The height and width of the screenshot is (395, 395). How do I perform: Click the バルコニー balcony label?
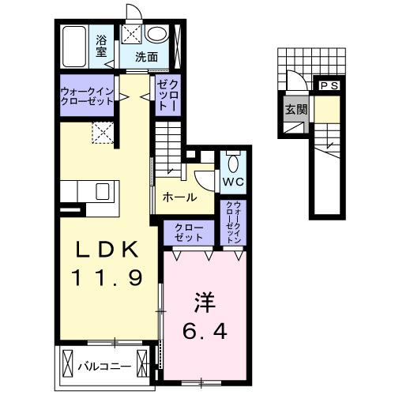tap(100, 366)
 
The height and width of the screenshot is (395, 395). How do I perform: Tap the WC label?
tap(232, 182)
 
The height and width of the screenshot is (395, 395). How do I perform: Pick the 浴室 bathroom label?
tap(101, 46)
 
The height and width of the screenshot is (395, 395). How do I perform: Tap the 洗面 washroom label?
tap(145, 57)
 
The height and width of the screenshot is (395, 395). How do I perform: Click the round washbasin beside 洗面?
tap(157, 34)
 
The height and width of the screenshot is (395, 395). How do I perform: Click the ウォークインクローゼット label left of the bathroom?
tap(86, 96)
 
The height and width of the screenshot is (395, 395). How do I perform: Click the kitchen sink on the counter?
tap(102, 192)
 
